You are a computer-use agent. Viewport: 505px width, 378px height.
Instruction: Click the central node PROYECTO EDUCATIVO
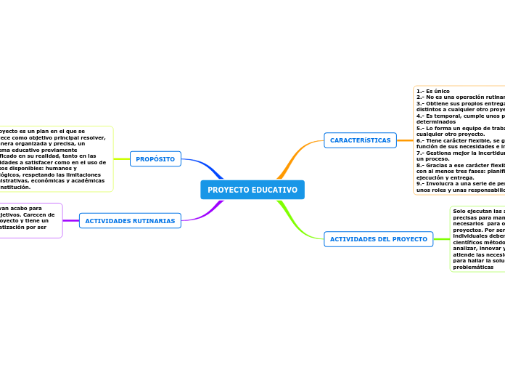[x=252, y=190]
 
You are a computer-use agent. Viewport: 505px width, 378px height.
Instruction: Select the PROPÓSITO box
[x=155, y=159]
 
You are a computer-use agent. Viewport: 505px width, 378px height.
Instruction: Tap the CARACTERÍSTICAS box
[x=360, y=140]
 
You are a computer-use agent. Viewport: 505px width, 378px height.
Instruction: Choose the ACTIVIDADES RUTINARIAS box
[x=130, y=221]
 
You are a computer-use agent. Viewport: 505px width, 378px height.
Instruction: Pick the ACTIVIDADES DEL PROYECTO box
[x=378, y=239]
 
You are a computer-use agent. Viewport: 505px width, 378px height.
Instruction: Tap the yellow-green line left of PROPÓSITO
[x=122, y=159]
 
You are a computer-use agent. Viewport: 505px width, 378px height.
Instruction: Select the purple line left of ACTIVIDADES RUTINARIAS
[x=71, y=220]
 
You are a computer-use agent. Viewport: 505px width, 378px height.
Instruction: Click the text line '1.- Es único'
[x=433, y=91]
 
